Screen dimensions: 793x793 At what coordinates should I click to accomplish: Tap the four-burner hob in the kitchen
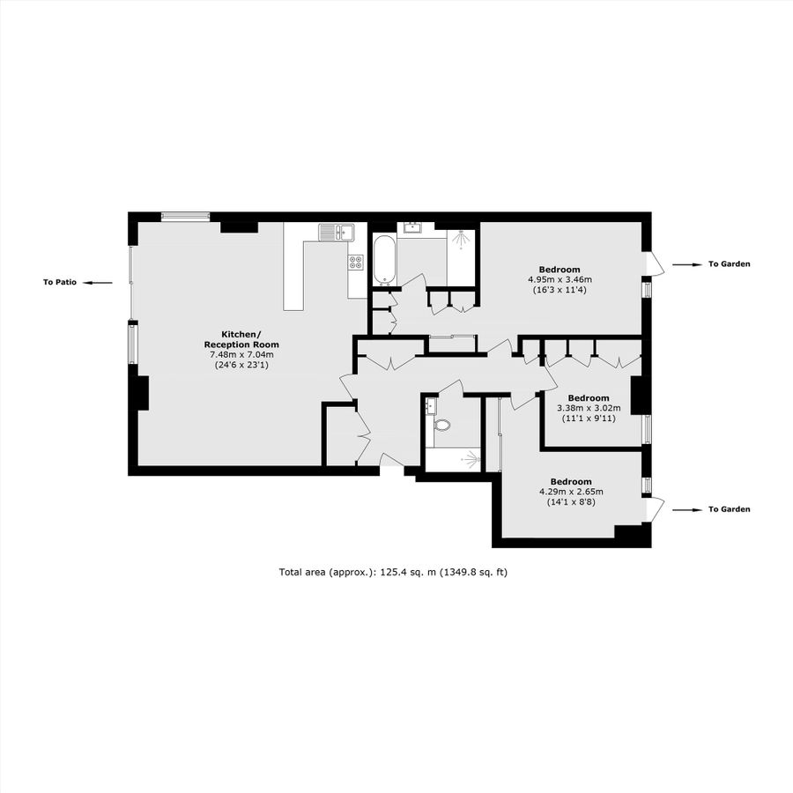pyautogui.click(x=356, y=261)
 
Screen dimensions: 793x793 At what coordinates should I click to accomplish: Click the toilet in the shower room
pyautogui.click(x=442, y=425)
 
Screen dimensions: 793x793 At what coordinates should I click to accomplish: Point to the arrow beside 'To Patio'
pyautogui.click(x=100, y=283)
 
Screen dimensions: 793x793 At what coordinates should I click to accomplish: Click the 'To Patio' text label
pyautogui.click(x=60, y=283)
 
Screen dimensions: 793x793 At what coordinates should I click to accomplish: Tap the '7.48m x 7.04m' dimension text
pyautogui.click(x=241, y=354)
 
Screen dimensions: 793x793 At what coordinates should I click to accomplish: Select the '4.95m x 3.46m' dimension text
pyautogui.click(x=560, y=279)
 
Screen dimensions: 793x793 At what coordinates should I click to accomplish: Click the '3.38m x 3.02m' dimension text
pyautogui.click(x=589, y=408)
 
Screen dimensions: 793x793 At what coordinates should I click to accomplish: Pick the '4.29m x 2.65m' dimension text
pyautogui.click(x=570, y=492)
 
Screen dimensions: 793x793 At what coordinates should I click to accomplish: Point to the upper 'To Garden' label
pyautogui.click(x=729, y=264)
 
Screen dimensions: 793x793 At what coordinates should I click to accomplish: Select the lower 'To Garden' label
pyautogui.click(x=729, y=509)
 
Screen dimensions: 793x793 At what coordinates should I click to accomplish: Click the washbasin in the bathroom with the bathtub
pyautogui.click(x=411, y=228)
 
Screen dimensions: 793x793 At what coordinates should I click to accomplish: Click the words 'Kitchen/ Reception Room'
pyautogui.click(x=241, y=339)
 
